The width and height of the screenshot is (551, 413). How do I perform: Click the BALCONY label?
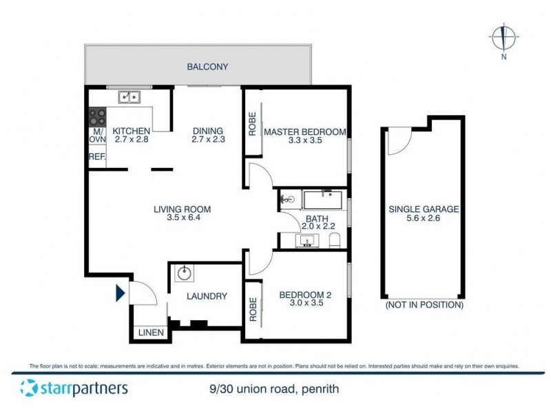(x=207, y=67)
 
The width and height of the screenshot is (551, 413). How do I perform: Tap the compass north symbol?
(x=503, y=36)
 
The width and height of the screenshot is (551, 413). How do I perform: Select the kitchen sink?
(x=128, y=97)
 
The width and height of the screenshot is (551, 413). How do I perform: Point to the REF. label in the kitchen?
(x=96, y=157)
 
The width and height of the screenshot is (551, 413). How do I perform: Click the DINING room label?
(x=207, y=131)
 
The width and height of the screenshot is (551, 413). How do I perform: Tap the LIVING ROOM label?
(x=178, y=209)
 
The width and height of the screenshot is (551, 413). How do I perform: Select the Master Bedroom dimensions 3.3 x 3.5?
(x=303, y=140)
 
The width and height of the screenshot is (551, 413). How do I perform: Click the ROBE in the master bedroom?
(x=252, y=124)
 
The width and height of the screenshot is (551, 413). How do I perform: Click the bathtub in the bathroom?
(x=323, y=201)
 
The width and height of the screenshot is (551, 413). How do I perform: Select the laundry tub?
(x=184, y=274)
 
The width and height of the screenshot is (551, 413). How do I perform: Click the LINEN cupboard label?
(x=152, y=333)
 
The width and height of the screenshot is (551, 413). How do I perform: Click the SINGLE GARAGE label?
(x=424, y=209)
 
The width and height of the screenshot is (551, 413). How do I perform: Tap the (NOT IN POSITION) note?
(x=424, y=304)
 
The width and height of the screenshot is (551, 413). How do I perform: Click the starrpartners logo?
(x=74, y=388)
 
